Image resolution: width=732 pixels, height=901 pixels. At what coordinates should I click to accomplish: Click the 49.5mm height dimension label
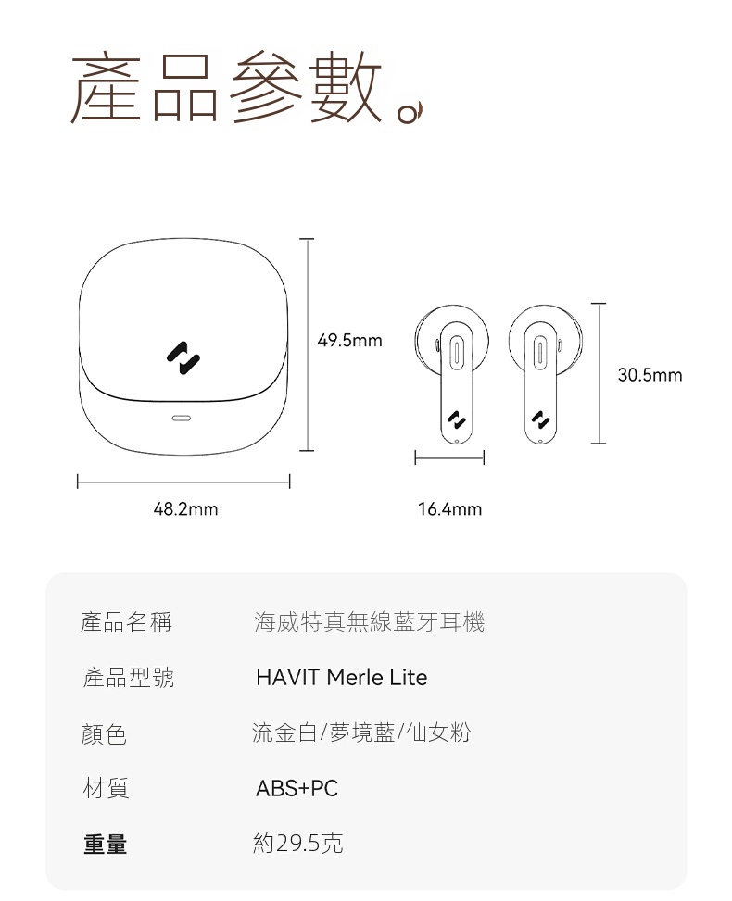(349, 341)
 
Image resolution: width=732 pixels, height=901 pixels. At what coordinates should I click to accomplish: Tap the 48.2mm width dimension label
(185, 509)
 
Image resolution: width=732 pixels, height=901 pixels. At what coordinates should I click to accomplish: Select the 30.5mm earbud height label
(650, 375)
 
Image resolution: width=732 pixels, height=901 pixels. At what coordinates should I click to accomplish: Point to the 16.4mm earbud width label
(449, 509)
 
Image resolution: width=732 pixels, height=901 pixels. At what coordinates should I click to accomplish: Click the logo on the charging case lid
(183, 358)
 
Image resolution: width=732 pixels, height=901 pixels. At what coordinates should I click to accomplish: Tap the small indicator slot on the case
(183, 418)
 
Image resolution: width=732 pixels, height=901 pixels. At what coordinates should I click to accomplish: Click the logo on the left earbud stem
(457, 420)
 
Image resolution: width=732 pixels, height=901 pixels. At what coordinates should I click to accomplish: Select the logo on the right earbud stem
(540, 420)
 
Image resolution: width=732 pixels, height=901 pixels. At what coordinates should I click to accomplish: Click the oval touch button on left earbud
(457, 351)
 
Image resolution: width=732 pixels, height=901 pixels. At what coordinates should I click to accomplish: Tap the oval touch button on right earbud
(540, 351)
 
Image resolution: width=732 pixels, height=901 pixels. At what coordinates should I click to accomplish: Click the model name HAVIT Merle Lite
(342, 678)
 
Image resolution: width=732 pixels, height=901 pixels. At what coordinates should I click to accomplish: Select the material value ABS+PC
(297, 788)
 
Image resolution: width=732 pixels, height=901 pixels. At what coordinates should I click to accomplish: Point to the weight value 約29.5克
(297, 843)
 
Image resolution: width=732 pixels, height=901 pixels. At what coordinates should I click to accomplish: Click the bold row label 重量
(106, 845)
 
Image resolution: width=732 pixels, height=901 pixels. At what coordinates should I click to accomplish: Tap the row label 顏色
(104, 733)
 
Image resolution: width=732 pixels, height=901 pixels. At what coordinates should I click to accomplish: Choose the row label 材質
(106, 788)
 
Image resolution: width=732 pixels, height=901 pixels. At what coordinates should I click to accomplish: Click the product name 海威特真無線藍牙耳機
(369, 621)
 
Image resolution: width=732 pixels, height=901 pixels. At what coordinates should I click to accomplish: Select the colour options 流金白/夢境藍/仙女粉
(361, 732)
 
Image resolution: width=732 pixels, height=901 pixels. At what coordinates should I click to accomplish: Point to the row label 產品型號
(128, 678)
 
